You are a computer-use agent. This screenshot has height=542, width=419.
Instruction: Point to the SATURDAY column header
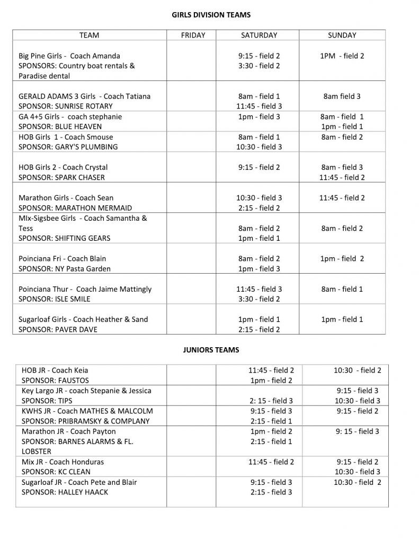259,35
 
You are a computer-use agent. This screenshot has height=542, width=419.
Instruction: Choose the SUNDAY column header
342,35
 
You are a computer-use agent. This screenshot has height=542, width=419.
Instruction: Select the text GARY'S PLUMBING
86,147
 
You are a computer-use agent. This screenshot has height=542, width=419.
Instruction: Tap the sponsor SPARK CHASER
80,177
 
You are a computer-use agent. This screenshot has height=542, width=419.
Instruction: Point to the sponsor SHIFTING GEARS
83,238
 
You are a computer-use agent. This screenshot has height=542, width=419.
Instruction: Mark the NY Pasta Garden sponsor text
83,269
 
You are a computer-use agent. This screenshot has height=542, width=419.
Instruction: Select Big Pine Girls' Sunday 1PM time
328,56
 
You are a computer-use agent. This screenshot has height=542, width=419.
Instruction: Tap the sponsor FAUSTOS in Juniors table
73,381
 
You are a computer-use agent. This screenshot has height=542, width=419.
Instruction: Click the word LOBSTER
37,451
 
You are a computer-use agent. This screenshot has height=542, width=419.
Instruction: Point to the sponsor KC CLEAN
73,472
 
